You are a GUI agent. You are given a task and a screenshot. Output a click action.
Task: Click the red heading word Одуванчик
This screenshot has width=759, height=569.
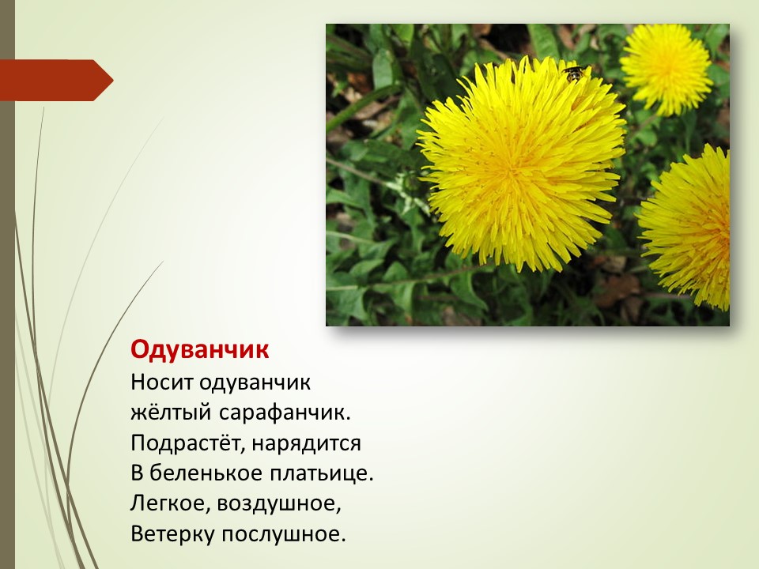(199, 349)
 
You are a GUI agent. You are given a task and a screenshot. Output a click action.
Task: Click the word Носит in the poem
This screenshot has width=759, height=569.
(161, 382)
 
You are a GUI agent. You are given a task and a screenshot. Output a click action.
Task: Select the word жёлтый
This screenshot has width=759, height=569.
(171, 413)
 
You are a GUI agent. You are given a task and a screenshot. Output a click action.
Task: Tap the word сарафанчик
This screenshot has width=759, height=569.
(284, 413)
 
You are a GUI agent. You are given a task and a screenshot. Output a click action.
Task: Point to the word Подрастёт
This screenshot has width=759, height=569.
(187, 443)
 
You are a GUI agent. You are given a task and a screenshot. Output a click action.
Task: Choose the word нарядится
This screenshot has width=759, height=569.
(307, 443)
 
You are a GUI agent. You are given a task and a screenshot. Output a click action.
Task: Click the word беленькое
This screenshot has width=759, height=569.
(206, 473)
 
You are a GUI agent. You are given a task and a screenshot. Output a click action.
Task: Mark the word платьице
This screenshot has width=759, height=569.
(322, 473)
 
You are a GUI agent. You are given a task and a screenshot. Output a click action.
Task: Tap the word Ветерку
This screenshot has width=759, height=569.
(172, 533)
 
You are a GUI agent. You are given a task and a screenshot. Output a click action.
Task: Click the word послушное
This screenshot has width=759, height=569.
(284, 533)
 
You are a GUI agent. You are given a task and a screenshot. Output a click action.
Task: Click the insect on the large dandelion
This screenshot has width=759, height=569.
(575, 73)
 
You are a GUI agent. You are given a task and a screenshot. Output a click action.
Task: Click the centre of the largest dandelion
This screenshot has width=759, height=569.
(521, 164)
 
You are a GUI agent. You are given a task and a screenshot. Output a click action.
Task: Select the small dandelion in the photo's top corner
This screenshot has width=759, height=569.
(666, 70)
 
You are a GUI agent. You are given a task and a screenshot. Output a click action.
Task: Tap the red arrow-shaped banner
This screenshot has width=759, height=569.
(57, 81)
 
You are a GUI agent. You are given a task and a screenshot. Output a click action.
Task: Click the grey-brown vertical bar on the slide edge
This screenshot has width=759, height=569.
(7, 284)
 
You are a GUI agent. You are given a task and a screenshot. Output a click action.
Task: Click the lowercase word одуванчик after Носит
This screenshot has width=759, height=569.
(255, 382)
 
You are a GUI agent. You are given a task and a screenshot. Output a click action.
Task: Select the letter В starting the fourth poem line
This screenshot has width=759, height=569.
(137, 473)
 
